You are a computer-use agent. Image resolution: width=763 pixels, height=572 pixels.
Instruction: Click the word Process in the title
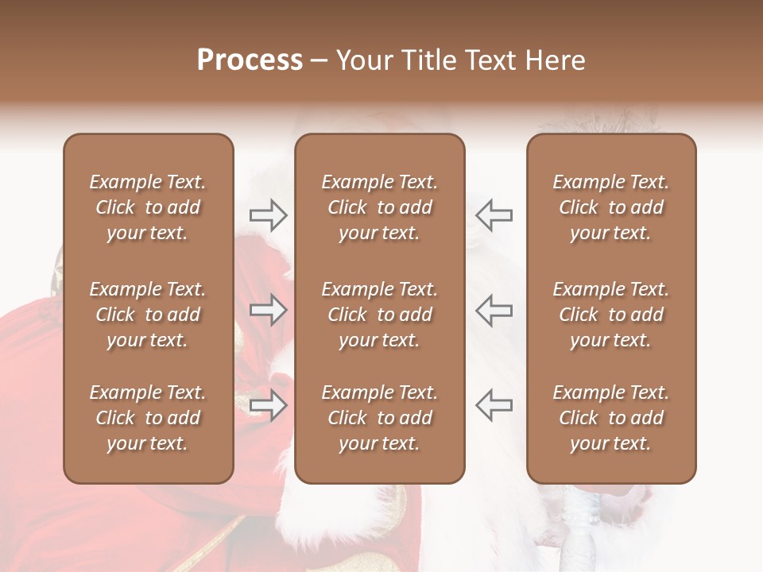pos(250,60)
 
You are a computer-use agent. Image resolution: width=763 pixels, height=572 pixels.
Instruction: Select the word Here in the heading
pos(554,60)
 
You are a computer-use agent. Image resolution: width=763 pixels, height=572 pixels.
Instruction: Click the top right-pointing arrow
pos(269,214)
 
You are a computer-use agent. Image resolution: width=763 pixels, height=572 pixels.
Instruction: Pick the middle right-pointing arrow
pos(269,310)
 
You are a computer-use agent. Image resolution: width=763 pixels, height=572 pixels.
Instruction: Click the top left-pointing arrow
pos(494,214)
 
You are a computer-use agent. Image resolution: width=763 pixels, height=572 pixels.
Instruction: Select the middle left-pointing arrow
pos(494,310)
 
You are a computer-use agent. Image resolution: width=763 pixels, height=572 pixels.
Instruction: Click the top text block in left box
pos(148,207)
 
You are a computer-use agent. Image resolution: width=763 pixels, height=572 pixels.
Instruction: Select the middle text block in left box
pos(148,315)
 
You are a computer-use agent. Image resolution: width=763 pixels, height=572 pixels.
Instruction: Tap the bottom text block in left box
pos(148,418)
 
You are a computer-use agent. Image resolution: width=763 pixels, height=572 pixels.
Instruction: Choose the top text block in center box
pos(380,207)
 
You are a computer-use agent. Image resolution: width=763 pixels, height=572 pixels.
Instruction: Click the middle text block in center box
pos(380,315)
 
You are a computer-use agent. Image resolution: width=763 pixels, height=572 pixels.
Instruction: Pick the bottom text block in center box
pos(380,418)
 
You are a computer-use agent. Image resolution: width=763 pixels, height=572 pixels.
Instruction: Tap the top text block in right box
pos(611,207)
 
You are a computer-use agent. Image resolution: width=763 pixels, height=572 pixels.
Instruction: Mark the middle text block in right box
pos(611,315)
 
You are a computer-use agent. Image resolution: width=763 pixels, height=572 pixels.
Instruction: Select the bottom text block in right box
pos(611,418)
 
